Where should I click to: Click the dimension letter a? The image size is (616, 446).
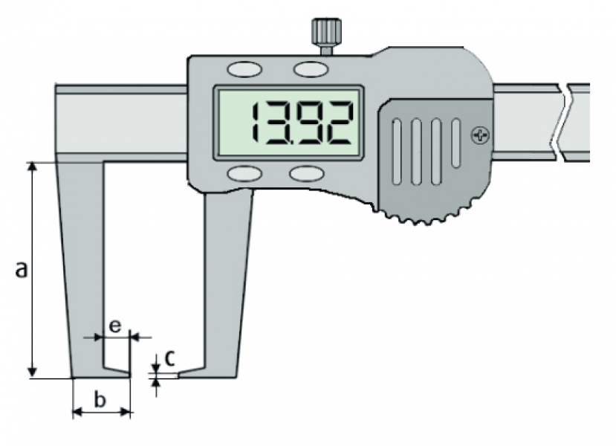click(22, 269)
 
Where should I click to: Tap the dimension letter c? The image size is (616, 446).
click(169, 358)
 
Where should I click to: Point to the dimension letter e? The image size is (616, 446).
click(114, 326)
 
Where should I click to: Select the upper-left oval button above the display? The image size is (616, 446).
click(244, 70)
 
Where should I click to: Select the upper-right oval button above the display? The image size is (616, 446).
click(311, 70)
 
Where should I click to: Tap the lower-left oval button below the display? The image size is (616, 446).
click(244, 173)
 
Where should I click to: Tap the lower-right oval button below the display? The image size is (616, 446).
click(307, 173)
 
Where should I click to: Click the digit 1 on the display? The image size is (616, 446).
click(256, 122)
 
